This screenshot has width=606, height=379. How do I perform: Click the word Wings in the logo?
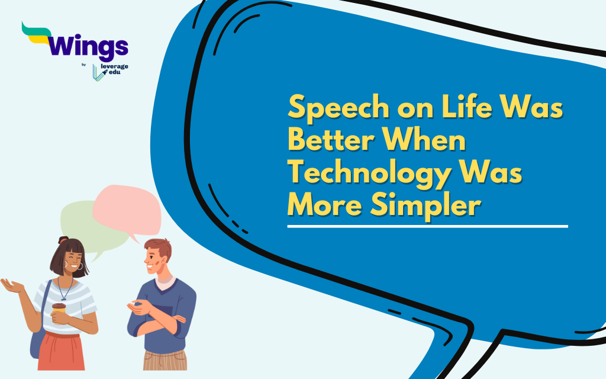[x=88, y=47]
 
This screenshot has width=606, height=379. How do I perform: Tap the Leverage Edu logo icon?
[x=99, y=72]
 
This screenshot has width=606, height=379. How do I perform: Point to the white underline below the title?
[x=427, y=226]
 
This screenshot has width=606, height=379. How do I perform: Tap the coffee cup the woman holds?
[x=59, y=309]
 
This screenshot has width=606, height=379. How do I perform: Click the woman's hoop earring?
[x=80, y=266]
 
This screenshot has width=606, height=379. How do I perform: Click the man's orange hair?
[x=160, y=248]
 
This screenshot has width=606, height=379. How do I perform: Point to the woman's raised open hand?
[x=12, y=285]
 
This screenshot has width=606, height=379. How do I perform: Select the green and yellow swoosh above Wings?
[x=37, y=33]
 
